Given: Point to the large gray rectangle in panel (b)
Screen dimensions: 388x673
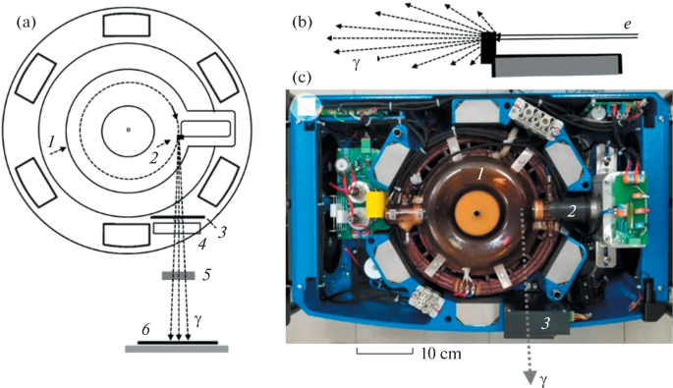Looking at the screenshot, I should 557,65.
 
